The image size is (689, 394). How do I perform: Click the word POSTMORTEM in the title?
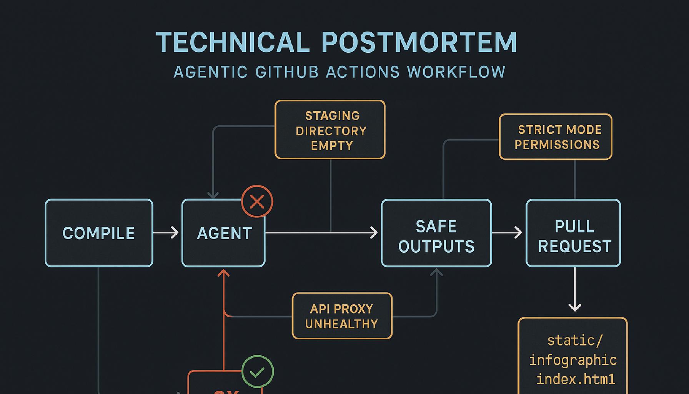[x=419, y=42]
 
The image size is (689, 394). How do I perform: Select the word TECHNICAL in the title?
[x=233, y=42]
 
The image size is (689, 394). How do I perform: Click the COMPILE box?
[x=99, y=233]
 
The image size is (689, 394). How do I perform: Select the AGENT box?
[x=223, y=233]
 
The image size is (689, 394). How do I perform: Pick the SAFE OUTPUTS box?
[x=436, y=233]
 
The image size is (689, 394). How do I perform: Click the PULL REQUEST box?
[x=573, y=233]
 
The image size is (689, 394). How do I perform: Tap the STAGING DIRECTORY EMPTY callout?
[x=330, y=130]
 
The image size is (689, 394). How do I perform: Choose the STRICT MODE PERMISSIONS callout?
[x=556, y=137]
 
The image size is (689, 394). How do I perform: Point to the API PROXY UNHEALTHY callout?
[x=342, y=316]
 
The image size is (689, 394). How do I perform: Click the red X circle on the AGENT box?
[x=257, y=201]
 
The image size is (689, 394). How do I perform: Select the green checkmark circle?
[x=258, y=371]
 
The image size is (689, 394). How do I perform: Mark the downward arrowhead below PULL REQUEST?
[x=575, y=307]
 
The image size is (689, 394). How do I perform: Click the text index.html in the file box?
[x=576, y=379]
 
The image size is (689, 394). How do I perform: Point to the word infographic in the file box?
[x=573, y=360]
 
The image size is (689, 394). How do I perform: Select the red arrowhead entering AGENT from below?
[x=223, y=273]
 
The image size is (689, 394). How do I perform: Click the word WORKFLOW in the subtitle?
[x=456, y=72]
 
